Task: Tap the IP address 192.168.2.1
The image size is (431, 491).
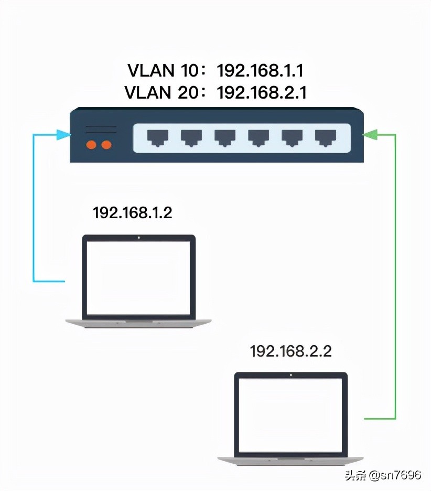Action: (262, 92)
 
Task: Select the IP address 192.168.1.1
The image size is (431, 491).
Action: (260, 70)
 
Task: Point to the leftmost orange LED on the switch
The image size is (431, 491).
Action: (91, 144)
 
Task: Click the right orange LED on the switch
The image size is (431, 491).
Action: (106, 144)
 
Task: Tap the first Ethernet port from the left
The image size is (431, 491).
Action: (158, 138)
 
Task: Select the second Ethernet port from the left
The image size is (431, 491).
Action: (191, 138)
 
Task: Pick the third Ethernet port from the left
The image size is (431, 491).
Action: (225, 138)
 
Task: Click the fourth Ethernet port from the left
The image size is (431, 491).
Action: (258, 138)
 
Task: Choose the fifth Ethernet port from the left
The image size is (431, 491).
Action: (292, 138)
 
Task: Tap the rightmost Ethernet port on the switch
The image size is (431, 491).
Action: (326, 138)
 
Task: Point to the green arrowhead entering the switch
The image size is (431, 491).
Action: (371, 135)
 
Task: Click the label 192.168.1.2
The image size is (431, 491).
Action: (132, 213)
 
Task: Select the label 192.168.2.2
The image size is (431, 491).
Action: (290, 351)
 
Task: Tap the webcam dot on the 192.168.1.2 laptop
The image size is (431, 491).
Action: (138, 238)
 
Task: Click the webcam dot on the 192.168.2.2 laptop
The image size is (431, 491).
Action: (290, 375)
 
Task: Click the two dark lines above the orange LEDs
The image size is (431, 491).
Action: (101, 130)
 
